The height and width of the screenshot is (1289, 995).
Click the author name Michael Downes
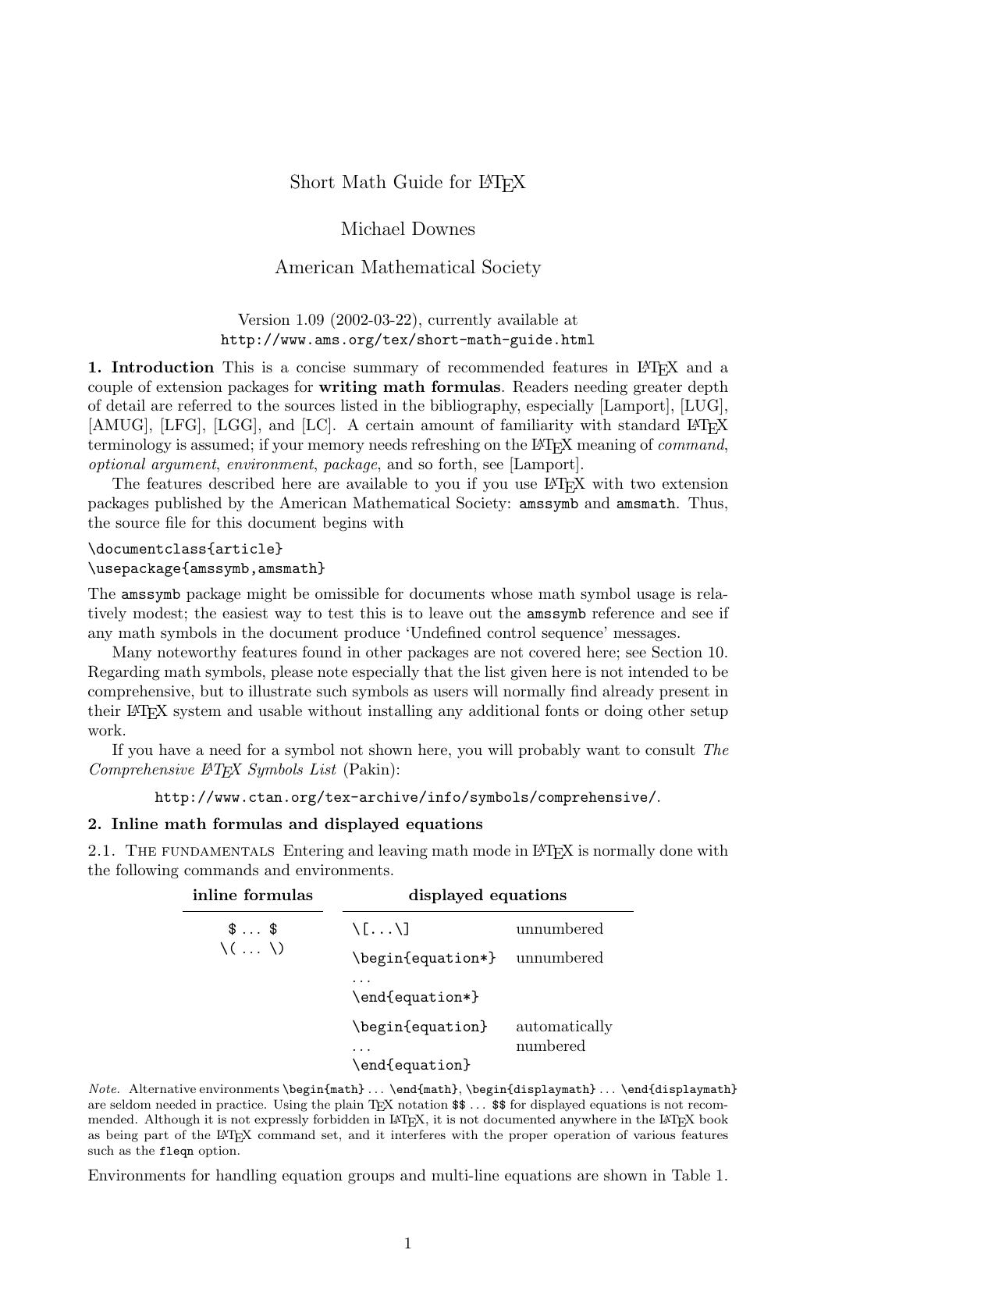(407, 230)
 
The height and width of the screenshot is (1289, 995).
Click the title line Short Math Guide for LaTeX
(407, 183)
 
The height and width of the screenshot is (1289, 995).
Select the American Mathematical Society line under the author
(407, 268)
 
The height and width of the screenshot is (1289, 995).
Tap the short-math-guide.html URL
(407, 340)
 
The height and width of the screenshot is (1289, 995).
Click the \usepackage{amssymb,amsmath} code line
(206, 568)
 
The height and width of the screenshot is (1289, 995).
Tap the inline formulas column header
(253, 896)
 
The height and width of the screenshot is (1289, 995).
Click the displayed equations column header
(488, 896)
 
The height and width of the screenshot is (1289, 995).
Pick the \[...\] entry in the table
(381, 929)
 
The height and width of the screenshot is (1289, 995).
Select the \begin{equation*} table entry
(424, 958)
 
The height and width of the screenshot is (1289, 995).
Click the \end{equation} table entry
(411, 1065)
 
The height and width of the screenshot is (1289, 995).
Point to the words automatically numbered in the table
(563, 1036)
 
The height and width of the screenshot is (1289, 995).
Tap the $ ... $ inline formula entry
(253, 929)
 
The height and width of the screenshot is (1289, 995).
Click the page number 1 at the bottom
(407, 1244)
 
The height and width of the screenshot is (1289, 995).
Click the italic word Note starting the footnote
(104, 1089)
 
